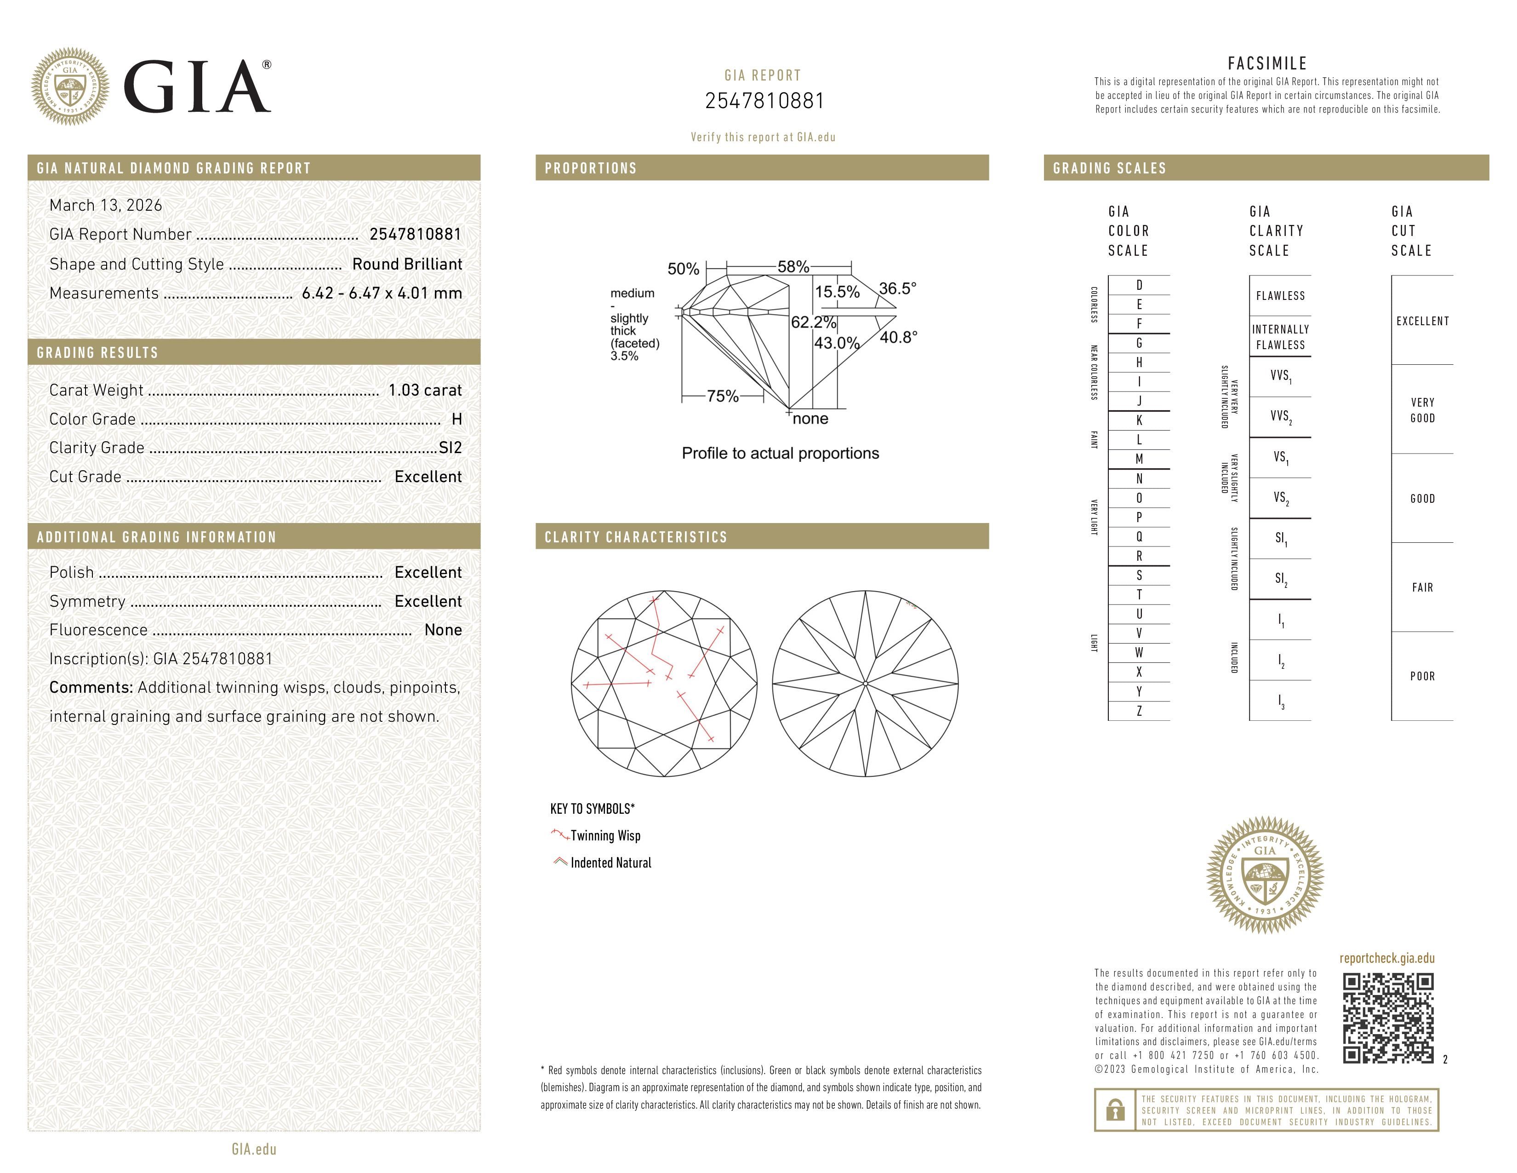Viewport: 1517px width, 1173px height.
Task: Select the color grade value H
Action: tap(456, 419)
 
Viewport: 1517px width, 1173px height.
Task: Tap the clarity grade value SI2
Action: tap(450, 448)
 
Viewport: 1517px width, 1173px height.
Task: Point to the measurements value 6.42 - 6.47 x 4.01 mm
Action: tap(382, 293)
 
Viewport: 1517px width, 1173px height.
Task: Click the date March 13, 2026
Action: tap(106, 205)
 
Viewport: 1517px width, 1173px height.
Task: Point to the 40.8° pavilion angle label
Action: tap(898, 337)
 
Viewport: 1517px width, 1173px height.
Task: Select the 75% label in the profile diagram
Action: tap(722, 396)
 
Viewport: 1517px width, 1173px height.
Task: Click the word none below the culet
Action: tap(810, 418)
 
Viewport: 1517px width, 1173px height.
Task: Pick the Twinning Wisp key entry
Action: tap(605, 835)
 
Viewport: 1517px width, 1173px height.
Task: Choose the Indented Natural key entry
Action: tap(610, 862)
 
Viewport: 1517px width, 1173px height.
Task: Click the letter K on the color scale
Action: tap(1139, 420)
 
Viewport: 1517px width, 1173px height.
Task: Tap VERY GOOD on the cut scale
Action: tap(1422, 410)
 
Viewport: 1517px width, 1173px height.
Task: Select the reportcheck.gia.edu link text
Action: tap(1386, 958)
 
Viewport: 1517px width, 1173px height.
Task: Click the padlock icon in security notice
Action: tap(1115, 1110)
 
